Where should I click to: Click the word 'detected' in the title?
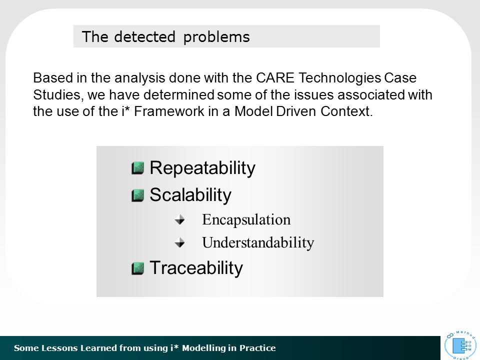[144, 36]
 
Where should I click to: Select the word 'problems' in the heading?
[216, 37]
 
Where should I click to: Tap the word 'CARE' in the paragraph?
[275, 78]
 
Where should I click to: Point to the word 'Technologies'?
[340, 78]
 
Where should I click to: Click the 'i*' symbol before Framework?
[125, 111]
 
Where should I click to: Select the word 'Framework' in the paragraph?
[169, 111]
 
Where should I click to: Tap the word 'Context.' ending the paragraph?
[346, 111]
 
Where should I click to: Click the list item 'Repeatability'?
[202, 168]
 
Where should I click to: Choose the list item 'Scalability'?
[190, 195]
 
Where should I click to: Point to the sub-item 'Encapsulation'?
[246, 220]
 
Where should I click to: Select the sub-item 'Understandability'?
[258, 243]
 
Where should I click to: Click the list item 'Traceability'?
[196, 268]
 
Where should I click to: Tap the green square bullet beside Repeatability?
[138, 168]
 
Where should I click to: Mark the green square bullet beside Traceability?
[138, 268]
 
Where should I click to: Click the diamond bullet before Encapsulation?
[179, 219]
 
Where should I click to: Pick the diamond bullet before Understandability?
[179, 242]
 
